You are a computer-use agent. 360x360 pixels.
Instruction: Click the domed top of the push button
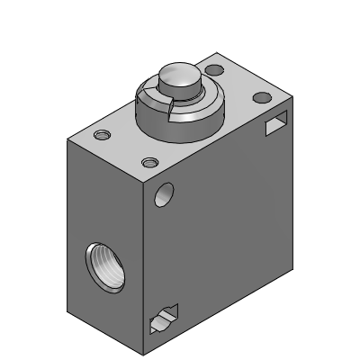pos(177,77)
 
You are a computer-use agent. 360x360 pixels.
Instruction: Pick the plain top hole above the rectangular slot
pos(262,96)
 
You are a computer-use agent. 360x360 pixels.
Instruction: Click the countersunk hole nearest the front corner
pos(149,163)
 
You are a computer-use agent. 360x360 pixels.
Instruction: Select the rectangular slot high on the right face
pos(275,127)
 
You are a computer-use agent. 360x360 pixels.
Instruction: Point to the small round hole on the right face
pos(165,193)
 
